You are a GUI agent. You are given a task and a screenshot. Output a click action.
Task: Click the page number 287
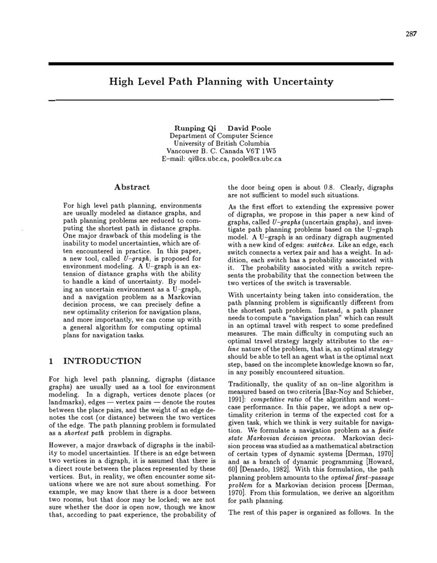coord(411,35)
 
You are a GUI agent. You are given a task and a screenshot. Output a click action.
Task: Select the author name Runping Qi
coord(189,128)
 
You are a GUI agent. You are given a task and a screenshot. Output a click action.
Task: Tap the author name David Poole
coord(249,128)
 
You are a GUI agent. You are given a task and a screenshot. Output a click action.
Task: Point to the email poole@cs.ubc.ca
coord(257,159)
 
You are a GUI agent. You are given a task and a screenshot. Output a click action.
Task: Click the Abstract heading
coord(132,187)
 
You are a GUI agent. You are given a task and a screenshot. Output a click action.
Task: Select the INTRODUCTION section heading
coord(101,361)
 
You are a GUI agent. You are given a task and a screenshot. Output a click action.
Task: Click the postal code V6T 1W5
coord(261,151)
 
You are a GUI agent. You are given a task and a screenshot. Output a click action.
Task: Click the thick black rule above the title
coord(221,64)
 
